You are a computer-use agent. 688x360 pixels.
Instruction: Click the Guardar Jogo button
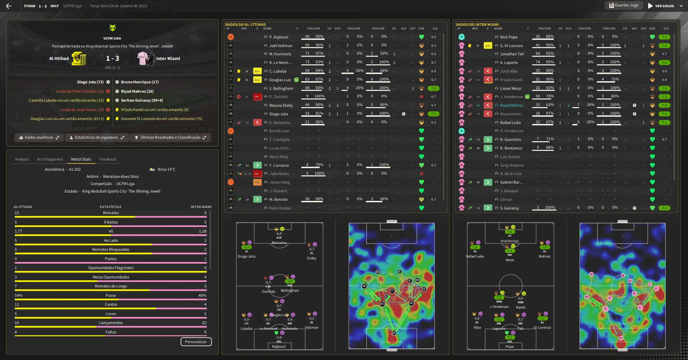624,5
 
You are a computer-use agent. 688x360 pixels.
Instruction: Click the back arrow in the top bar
9,6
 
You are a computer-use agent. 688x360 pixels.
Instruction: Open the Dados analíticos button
39,138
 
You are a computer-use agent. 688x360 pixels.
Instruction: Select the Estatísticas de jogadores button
96,138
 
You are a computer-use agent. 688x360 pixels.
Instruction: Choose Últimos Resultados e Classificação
170,138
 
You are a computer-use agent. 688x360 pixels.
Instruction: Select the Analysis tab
22,159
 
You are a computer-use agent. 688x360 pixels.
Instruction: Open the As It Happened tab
50,159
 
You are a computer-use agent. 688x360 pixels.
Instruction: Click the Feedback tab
108,159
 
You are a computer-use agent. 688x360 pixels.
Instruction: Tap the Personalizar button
196,342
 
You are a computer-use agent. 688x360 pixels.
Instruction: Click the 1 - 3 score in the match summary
112,58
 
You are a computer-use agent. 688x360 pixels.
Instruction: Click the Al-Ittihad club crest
79,59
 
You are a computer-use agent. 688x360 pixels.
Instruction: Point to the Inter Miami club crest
146,59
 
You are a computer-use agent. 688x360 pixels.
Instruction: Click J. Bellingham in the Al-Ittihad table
281,88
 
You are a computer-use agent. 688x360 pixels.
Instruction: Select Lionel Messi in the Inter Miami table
510,88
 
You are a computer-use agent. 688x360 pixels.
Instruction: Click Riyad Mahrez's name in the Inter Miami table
511,105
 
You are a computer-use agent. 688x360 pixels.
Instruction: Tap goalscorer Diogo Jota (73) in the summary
90,82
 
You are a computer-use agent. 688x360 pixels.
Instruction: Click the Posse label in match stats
111,295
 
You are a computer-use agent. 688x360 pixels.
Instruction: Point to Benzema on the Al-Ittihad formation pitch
279,243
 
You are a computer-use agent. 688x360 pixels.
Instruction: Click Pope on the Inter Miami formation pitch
510,346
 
